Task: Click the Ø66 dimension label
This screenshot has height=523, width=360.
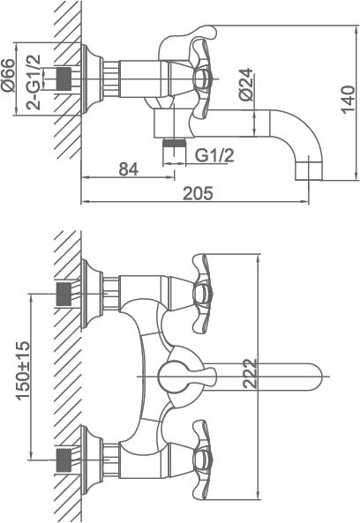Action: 8,76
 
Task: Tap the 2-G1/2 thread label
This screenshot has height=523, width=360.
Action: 34,82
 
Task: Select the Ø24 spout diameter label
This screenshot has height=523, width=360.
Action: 246,85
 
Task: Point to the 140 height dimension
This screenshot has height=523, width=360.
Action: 348,100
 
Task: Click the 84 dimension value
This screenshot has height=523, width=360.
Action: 129,169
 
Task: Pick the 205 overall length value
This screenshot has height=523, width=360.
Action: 198,193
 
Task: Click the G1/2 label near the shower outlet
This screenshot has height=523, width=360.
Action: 214,155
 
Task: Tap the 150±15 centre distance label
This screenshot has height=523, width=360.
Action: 23,370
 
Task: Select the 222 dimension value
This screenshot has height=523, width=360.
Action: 251,374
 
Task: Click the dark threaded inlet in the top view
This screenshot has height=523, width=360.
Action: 64,79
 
